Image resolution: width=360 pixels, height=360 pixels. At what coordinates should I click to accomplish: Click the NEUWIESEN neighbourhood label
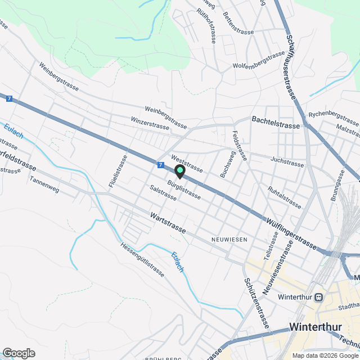pyautogui.click(x=229, y=240)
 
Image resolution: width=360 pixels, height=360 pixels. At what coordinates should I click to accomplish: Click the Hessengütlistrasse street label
pyautogui.click(x=142, y=259)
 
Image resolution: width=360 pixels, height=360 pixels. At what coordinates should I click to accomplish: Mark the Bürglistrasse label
pyautogui.click(x=184, y=189)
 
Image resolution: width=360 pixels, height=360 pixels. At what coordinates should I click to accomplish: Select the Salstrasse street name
pyautogui.click(x=163, y=192)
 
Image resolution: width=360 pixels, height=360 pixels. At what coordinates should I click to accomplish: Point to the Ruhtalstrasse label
pyautogui.click(x=285, y=197)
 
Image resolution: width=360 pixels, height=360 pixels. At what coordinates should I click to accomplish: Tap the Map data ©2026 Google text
pyautogui.click(x=325, y=355)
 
